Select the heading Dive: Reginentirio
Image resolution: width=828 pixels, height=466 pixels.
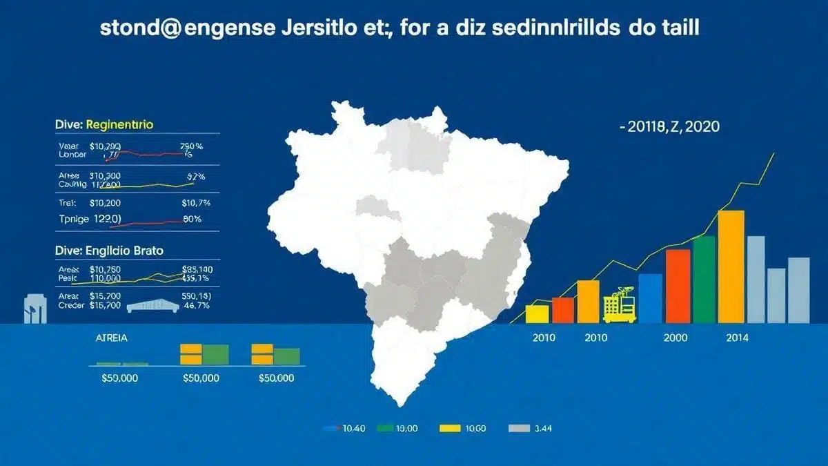103,125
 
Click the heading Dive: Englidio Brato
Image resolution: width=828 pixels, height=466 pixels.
109,251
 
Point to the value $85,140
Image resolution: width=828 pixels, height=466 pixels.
197,269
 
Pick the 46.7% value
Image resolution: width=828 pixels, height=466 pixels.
197,304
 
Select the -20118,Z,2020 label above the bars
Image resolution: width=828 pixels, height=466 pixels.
669,127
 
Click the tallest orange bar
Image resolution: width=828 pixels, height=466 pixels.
731,266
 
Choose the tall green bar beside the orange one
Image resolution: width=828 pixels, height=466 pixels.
704,279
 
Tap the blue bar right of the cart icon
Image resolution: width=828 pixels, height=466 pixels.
650,298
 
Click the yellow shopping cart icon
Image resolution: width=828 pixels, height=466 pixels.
618,308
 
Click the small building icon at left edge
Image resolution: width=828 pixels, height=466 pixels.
34,309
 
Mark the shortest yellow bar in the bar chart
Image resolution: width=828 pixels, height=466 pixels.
537,313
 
